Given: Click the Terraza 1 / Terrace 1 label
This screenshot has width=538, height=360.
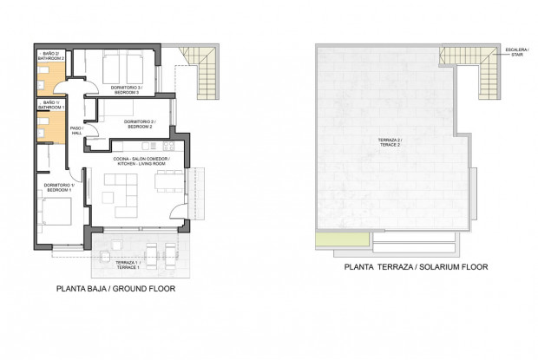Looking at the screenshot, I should pos(127,265).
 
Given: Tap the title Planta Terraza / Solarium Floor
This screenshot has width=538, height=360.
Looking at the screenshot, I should pos(416,267).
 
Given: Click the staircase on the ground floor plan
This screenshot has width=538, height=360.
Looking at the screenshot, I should pos(206,74).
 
